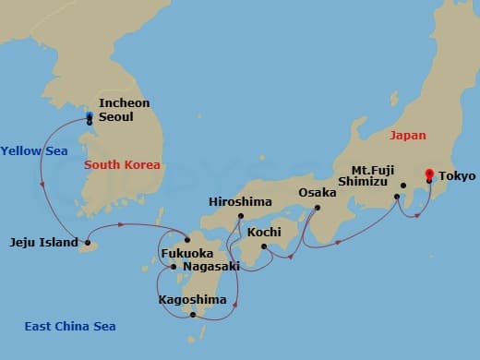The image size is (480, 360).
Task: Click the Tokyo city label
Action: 457,175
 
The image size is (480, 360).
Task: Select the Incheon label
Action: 124,103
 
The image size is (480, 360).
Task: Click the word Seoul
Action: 116,117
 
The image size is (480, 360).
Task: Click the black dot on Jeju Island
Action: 87,245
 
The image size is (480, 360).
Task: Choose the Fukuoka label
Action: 188,252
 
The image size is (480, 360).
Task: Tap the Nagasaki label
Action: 212,267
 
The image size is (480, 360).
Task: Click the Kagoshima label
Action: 192,300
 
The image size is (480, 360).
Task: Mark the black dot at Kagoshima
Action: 193,315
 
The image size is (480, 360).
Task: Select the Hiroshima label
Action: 241,202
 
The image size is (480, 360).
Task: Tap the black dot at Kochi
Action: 264,246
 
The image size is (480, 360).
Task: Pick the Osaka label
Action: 318,193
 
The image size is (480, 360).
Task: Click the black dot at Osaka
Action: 317,208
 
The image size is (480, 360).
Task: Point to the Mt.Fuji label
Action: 375,170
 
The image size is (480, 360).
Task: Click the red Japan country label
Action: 408,135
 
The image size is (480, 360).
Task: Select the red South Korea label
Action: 122,165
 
